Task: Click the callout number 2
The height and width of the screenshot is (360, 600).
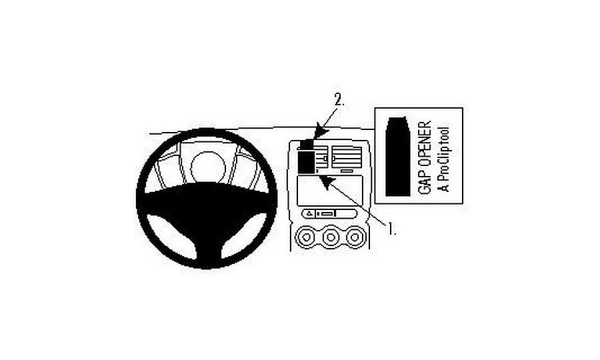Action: [339, 100]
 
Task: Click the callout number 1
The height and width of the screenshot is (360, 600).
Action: [392, 229]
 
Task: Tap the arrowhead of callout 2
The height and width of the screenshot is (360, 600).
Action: [321, 132]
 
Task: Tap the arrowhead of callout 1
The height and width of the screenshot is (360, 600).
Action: [327, 183]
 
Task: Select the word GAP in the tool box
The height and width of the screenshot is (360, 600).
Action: [425, 182]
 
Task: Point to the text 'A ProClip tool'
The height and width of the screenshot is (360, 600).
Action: [443, 159]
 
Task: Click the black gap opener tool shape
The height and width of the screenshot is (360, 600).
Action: [397, 157]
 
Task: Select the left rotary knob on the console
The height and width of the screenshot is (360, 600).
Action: [307, 237]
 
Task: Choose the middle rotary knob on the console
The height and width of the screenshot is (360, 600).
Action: [331, 237]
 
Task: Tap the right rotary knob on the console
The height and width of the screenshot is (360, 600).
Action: [355, 237]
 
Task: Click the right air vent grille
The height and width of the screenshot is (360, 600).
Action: [347, 157]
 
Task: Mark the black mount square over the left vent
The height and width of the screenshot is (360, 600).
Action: [306, 161]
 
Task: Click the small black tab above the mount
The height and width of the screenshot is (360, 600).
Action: [307, 144]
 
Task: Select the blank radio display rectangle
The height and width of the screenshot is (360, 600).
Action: [329, 190]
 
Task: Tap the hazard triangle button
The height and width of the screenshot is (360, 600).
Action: [309, 213]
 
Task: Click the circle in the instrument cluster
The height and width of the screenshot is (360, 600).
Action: [208, 167]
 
